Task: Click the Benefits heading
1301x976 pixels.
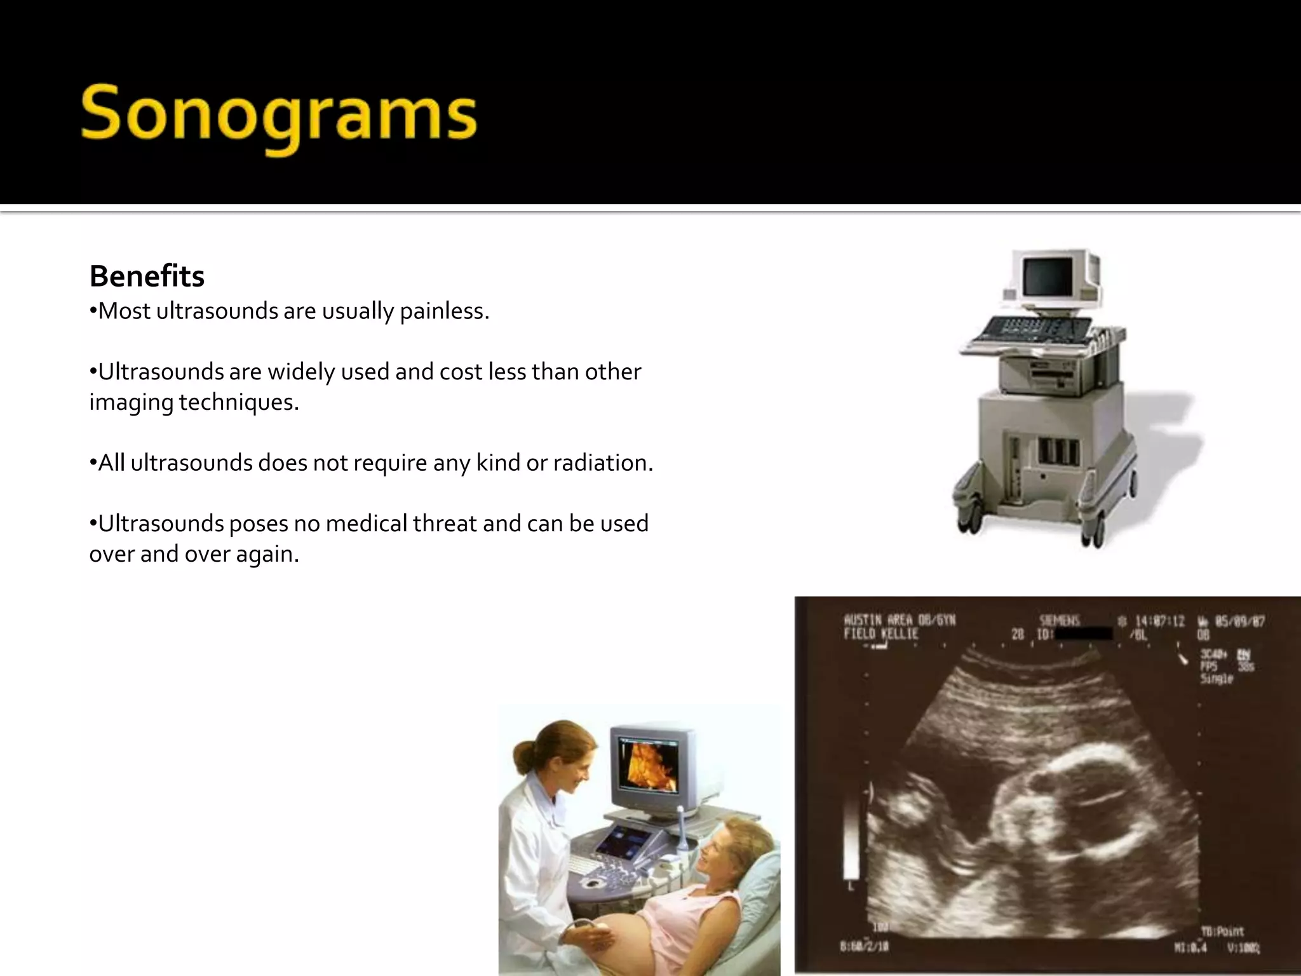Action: pos(147,276)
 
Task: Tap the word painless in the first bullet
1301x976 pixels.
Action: pos(444,311)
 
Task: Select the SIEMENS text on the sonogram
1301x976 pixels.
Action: pos(1059,620)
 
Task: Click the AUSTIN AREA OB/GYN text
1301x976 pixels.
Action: pos(899,620)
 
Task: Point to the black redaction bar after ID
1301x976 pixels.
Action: pos(1084,634)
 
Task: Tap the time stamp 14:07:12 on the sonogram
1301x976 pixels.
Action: pos(1160,621)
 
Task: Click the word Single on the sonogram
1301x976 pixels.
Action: pos(1216,679)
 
